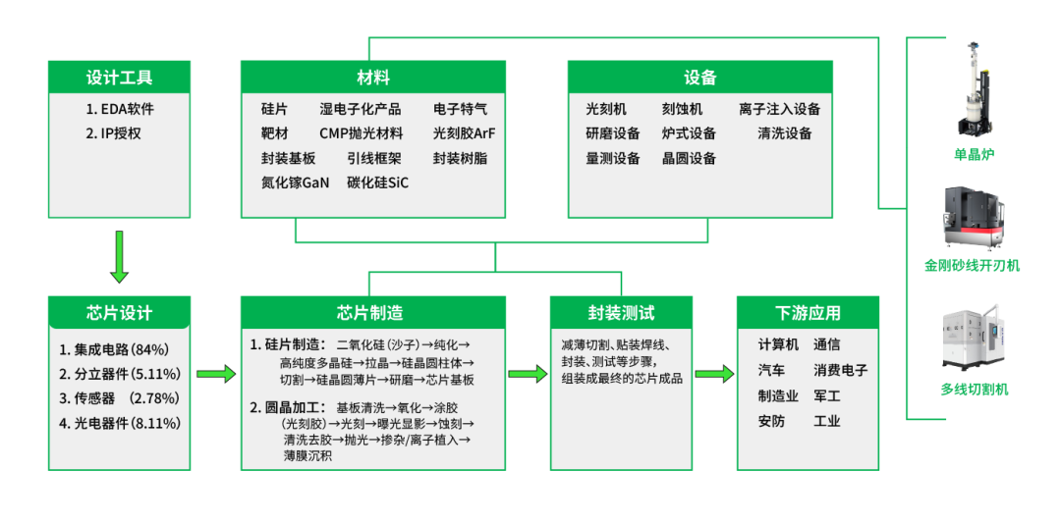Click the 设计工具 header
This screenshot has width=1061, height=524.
click(x=119, y=78)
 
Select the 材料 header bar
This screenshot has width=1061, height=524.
click(x=373, y=78)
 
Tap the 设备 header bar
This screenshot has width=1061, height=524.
click(x=699, y=78)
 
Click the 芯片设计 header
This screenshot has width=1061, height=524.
click(x=119, y=313)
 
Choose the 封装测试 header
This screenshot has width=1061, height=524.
click(x=621, y=313)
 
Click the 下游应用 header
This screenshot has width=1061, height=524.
click(x=808, y=313)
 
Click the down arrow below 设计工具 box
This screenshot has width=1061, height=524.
click(x=119, y=256)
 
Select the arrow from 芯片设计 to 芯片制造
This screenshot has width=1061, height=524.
click(x=216, y=374)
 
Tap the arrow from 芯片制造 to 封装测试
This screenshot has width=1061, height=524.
click(x=528, y=374)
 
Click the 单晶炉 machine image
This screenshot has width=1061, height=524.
click(x=972, y=88)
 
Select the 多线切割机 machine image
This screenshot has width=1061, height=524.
click(x=972, y=340)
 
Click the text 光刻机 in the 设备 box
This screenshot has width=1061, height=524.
click(x=606, y=109)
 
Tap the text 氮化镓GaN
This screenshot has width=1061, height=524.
click(x=295, y=183)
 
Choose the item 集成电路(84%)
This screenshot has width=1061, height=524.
click(x=114, y=348)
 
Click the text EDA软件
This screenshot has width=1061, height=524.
click(x=120, y=109)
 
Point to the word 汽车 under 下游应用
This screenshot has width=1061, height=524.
click(x=771, y=370)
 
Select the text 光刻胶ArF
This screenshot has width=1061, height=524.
click(x=464, y=133)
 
